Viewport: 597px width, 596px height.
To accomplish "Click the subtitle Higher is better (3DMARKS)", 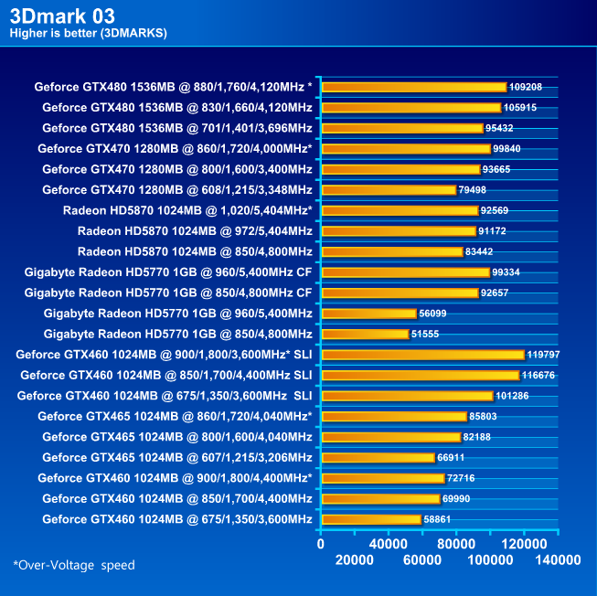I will coord(88,34).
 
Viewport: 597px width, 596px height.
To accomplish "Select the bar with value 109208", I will coord(413,87).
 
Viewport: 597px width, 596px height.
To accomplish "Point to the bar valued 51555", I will coord(365,334).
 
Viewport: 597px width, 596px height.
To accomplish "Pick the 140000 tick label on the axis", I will coord(557,559).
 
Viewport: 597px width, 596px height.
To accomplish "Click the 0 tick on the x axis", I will coord(320,544).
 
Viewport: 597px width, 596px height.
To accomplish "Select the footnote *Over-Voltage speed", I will coord(74,565).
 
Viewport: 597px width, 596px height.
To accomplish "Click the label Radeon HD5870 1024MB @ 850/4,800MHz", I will coord(195,251).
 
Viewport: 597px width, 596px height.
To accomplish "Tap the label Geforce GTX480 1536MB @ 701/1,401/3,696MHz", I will coord(177,128).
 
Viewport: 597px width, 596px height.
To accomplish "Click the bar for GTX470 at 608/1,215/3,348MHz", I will coord(389,190).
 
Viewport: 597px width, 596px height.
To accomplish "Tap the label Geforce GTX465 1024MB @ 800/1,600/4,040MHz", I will coord(177,437).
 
